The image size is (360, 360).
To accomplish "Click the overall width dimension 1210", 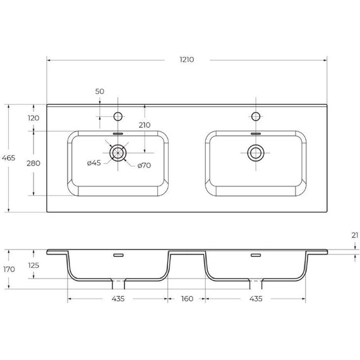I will click(186, 60).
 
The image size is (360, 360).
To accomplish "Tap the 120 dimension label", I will click(33, 118).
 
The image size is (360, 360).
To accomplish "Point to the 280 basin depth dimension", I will click(33, 163).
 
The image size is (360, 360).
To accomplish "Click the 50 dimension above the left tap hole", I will click(100, 92).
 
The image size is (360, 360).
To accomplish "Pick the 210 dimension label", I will click(144, 125).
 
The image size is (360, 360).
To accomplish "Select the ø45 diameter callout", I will click(93, 163).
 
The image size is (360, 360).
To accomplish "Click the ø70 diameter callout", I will click(144, 165).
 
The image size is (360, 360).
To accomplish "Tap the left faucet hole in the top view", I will click(117, 116).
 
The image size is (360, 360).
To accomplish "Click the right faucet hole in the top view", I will click(256, 116).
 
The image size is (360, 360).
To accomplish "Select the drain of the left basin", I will click(118, 152).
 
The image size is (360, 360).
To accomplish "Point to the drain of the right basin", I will click(256, 152).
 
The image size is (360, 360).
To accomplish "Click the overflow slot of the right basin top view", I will click(256, 134).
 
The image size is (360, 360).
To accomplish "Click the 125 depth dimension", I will click(33, 265).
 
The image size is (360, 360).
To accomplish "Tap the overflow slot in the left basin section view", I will click(118, 255).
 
